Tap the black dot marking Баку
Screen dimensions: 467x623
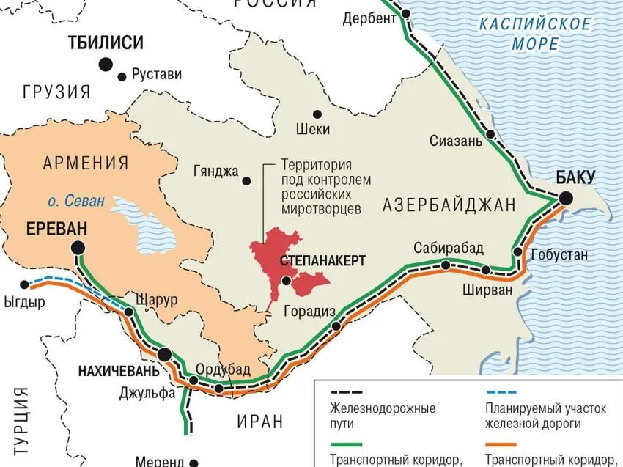coord(565,198)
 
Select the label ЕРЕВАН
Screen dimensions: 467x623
coord(56,228)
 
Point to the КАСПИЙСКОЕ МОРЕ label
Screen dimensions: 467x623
coord(535,34)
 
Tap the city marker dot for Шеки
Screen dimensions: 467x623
coord(317,114)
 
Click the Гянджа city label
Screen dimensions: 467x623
coord(216,172)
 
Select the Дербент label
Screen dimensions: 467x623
coord(369,18)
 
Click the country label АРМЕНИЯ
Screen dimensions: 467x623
coord(85,163)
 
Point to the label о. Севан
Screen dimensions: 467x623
coord(77,200)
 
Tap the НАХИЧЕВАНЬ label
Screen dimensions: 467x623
coord(117,371)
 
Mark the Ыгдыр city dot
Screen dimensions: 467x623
coord(25,284)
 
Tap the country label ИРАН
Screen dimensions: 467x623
coord(259,421)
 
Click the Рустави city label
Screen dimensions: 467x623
coord(156,74)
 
